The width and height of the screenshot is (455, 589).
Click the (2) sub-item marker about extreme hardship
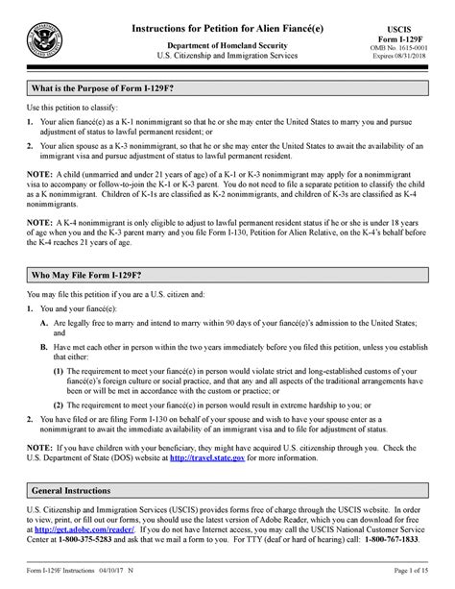60,420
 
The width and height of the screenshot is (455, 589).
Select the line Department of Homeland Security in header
227,45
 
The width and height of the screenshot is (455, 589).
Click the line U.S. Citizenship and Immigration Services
227,58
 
